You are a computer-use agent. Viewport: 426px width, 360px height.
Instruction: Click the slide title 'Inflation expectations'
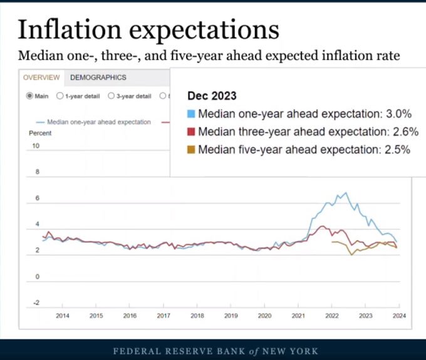148,29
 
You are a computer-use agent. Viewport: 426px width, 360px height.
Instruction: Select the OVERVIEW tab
41,78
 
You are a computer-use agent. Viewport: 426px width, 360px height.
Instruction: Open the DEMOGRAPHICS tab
98,78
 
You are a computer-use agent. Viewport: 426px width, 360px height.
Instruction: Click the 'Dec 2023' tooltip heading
212,96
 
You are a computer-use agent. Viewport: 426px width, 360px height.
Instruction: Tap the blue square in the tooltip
191,115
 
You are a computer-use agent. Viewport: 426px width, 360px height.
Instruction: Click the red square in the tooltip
191,132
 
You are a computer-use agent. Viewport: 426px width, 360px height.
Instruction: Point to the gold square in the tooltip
191,150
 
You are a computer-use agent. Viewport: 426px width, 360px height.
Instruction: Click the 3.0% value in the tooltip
398,115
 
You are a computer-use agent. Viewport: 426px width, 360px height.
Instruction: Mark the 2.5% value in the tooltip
397,150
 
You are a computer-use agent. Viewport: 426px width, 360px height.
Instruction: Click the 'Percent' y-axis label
40,133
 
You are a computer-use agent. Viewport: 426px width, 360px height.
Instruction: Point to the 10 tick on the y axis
36,146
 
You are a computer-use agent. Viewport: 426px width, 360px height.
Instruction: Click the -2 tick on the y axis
36,303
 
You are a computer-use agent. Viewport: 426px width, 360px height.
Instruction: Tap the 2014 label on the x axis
63,316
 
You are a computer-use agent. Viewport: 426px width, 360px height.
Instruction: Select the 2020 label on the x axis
265,316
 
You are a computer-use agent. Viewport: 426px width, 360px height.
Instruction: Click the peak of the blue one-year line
344,193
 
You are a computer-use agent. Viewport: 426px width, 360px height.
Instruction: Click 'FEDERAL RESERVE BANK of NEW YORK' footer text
212,351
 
